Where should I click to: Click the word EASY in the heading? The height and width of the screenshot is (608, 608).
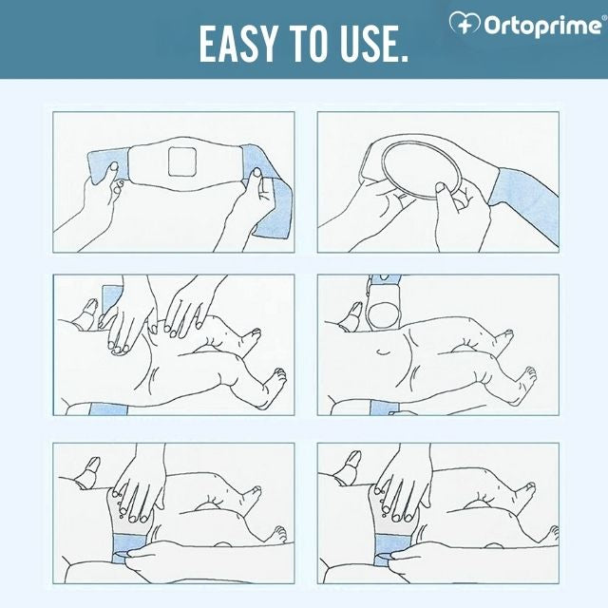pos(238,44)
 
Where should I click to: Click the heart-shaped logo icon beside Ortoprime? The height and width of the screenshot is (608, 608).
pos(465,23)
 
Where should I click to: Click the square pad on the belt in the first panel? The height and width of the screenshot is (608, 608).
pos(182,161)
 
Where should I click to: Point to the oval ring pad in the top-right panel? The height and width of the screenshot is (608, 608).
pos(421,170)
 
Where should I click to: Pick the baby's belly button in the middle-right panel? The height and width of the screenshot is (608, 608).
pos(384,352)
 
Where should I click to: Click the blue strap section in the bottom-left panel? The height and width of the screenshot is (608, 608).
pos(129,547)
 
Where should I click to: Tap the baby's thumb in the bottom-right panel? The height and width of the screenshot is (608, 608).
pos(351,466)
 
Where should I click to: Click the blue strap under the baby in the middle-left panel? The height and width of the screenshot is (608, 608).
pos(108,408)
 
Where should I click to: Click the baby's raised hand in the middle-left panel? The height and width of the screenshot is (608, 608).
pos(87,314)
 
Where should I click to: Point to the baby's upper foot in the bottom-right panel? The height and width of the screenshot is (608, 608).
pos(524,492)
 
